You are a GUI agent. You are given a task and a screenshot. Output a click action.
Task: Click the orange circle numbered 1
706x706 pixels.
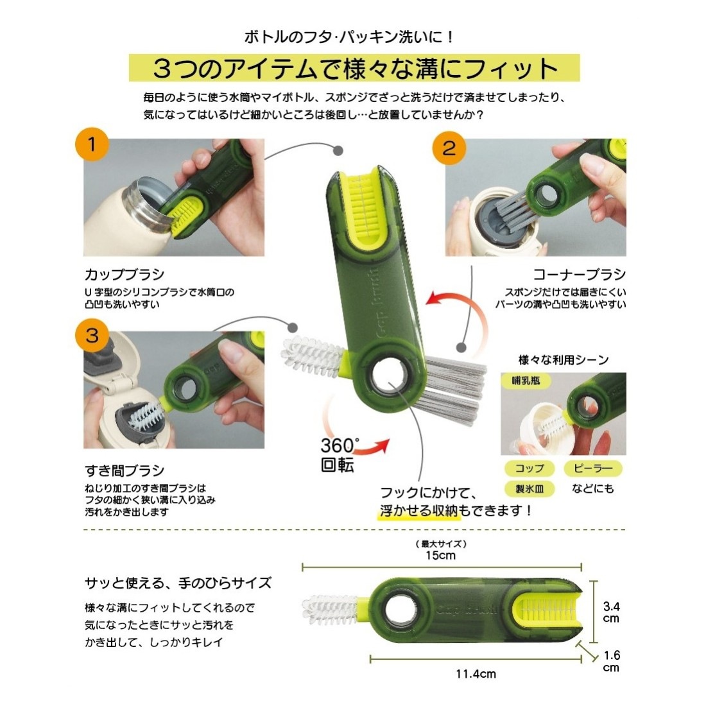tap(91, 144)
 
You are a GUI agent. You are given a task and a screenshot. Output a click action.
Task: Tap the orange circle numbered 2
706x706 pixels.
tap(449, 148)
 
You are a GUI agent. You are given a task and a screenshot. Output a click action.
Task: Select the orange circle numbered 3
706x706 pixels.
tap(92, 336)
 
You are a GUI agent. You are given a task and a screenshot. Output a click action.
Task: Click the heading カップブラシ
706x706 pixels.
tap(125, 274)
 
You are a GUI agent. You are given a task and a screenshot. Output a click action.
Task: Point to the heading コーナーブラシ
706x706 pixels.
tap(580, 274)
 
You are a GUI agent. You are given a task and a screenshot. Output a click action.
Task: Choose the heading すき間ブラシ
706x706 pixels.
tap(125, 470)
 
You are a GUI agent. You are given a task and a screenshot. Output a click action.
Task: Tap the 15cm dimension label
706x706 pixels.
tap(440, 555)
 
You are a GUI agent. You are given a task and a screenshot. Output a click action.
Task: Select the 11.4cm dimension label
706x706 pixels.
tap(476, 674)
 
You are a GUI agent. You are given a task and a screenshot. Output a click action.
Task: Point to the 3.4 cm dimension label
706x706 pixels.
tap(611, 612)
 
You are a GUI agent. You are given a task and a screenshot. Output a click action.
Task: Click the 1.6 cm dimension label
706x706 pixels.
tap(611, 661)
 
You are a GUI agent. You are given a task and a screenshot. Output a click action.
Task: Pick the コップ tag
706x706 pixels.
tap(529, 469)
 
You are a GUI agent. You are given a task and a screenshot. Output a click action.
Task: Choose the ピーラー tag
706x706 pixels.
tap(593, 469)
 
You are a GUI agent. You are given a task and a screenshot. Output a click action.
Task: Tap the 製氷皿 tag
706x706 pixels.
tap(529, 488)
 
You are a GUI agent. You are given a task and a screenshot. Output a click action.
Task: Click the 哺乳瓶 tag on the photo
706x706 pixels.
tap(526, 381)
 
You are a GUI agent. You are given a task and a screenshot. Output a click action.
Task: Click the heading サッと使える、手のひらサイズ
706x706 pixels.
tap(178, 583)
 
